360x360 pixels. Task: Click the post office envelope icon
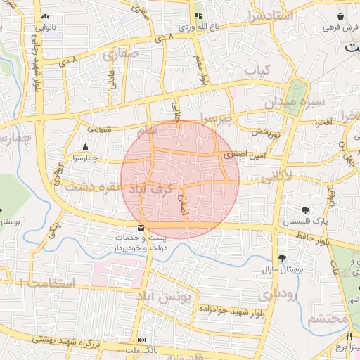coord(141,228)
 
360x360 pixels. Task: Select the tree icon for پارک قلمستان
coord(305,210)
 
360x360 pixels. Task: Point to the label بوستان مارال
coord(282,269)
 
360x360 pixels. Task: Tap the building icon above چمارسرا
coord(85,148)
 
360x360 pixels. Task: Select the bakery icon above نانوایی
coord(46,16)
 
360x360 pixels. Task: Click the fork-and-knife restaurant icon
coord(349,337)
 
